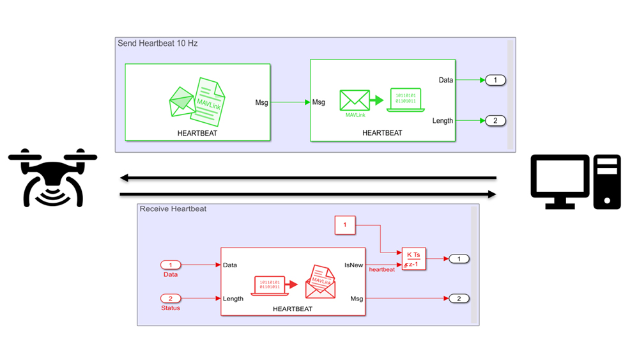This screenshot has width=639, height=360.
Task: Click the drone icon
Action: point(52,178)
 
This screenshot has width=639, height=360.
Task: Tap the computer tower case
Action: point(606,182)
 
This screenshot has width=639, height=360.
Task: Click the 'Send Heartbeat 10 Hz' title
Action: point(157,43)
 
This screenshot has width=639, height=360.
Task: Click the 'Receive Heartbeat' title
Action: point(173,209)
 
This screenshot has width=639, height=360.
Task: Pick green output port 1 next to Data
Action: point(495,80)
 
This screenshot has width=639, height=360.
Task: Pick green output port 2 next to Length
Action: point(495,120)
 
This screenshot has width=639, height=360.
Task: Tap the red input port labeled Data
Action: point(171,265)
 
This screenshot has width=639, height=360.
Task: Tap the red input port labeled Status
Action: point(171,299)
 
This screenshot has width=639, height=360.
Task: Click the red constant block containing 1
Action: point(345,224)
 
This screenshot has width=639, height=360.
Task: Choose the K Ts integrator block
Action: point(413,258)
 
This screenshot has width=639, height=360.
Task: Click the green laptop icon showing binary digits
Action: point(405,100)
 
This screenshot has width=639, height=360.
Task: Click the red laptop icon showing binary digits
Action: point(271,285)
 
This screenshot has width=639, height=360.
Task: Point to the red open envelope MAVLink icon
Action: point(320,282)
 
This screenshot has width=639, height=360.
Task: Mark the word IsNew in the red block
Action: point(353,265)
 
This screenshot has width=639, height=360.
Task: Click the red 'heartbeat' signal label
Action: point(382,270)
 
